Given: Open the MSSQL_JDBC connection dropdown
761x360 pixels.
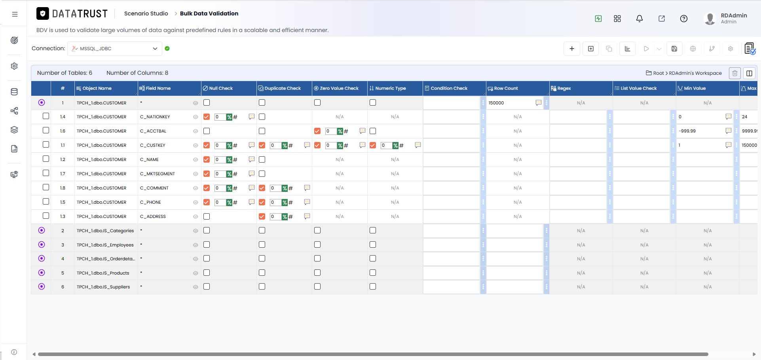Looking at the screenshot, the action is [x=115, y=49].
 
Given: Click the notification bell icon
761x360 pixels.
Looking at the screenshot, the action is [x=639, y=19].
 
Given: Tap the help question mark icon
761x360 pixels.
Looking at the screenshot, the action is [x=683, y=19].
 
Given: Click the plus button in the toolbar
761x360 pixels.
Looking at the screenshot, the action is [x=571, y=49].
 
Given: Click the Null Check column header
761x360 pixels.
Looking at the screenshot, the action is [x=221, y=88].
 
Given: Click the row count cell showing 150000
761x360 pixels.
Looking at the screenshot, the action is [x=510, y=103].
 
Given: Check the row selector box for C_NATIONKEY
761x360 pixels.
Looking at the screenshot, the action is [x=46, y=116].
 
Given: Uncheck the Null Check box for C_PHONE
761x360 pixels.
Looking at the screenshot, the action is [x=207, y=202].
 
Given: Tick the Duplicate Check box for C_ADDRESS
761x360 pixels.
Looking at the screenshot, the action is [x=262, y=216].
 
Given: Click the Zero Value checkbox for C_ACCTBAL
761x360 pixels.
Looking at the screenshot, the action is [x=317, y=131].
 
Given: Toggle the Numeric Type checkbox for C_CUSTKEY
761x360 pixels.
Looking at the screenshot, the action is [x=373, y=145].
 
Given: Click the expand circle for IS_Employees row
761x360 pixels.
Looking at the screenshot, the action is [x=42, y=244].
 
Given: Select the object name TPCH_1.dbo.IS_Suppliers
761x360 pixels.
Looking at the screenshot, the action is [x=103, y=287].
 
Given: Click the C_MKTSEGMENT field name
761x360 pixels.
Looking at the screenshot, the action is [x=158, y=174].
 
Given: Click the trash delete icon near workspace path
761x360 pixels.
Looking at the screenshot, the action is [x=734, y=73].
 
